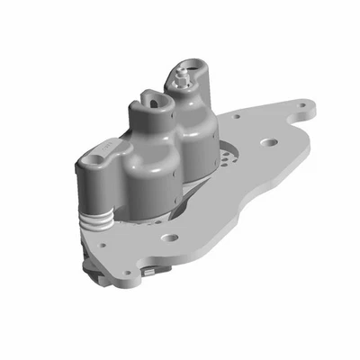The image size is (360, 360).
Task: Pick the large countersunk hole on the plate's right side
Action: (267, 141)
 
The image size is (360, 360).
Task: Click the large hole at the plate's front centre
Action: (167, 238)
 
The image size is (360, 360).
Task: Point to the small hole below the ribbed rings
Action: (102, 244)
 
